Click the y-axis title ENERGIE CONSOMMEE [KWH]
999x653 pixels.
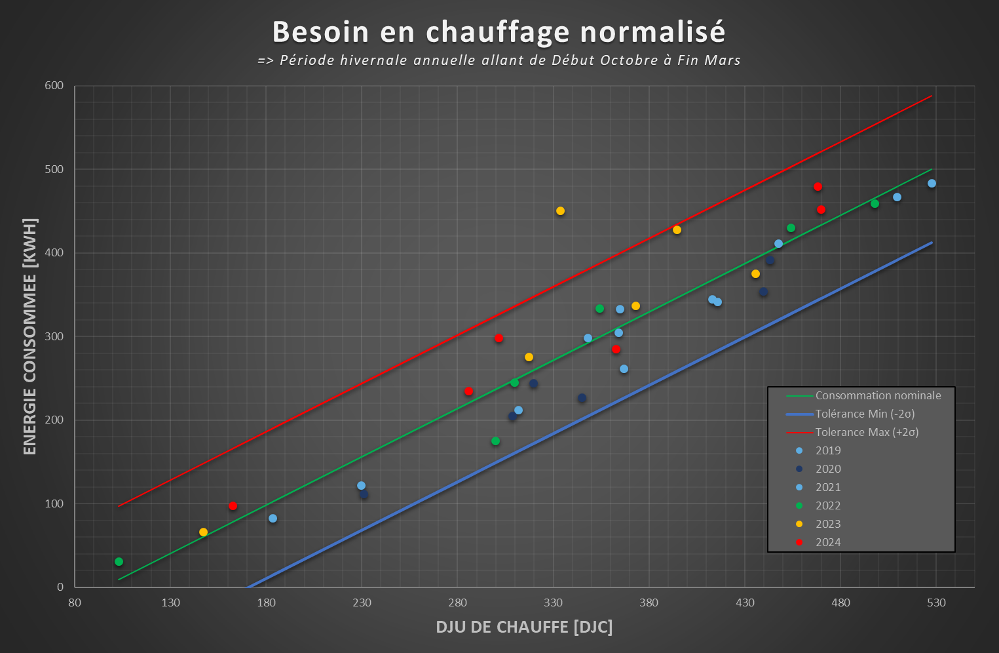click(x=30, y=336)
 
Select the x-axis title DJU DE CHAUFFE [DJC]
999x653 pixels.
click(x=524, y=627)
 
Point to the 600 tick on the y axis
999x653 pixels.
click(x=54, y=86)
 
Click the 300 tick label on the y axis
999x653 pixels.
click(x=54, y=336)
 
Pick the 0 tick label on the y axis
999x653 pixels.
click(x=60, y=587)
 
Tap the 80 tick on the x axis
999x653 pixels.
click(x=75, y=603)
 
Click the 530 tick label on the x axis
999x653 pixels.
click(x=936, y=603)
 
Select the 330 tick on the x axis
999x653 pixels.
click(x=554, y=603)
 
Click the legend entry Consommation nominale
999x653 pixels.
click(x=878, y=395)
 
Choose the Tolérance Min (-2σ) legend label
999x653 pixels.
click(x=865, y=414)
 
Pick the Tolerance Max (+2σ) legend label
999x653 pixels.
click(x=867, y=432)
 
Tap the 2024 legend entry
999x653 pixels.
click(x=828, y=542)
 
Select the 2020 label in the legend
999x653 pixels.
click(x=828, y=469)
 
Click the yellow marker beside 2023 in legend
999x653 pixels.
click(x=799, y=524)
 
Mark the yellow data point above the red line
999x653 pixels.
click(x=560, y=211)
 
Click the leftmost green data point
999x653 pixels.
click(x=119, y=562)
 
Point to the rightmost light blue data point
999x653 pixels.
click(x=932, y=184)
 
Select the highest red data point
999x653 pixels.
click(x=818, y=187)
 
